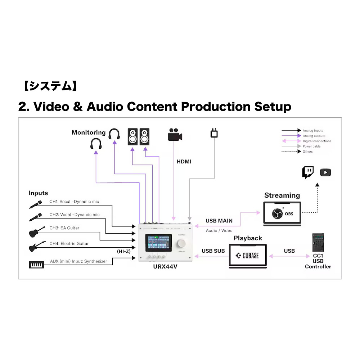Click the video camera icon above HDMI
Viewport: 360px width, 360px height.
tap(175, 135)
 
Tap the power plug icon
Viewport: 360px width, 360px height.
tap(214, 133)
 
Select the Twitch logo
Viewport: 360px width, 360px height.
tap(307, 172)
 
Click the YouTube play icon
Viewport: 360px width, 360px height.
tap(325, 172)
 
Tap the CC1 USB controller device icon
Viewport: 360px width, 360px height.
tap(318, 243)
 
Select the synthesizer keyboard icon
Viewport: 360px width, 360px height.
tap(36, 265)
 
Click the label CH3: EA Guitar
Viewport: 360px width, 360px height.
tap(64, 228)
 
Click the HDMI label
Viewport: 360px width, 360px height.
tap(184, 162)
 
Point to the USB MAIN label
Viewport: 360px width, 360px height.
tap(219, 221)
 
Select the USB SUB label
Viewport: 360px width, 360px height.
tap(213, 251)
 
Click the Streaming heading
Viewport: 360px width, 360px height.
tap(282, 195)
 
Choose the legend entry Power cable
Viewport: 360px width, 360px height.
tap(311, 147)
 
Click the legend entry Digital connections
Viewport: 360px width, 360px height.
tap(317, 141)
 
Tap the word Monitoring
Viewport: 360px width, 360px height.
tap(89, 132)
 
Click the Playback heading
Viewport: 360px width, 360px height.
tap(248, 238)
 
